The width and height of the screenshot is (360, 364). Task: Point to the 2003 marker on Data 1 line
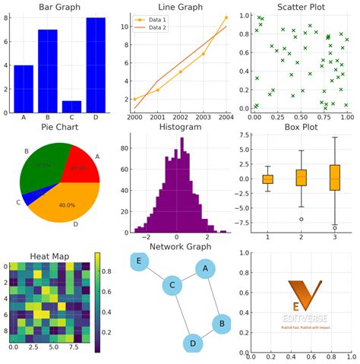pos(203,54)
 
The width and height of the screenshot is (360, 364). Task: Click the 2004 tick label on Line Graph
pos(226,118)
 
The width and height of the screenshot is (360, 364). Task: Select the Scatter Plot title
pos(299,7)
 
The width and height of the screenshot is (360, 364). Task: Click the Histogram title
pos(179,128)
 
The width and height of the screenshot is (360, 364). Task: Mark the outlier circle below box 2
pos(302,219)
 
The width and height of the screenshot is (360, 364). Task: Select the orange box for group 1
pos(267,179)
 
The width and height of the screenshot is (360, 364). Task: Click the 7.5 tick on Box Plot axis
pos(245,135)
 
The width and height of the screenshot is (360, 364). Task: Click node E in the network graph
pos(139,262)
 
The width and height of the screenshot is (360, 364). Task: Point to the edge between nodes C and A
pos(188,278)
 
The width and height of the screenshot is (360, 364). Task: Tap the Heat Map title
pos(49,256)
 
